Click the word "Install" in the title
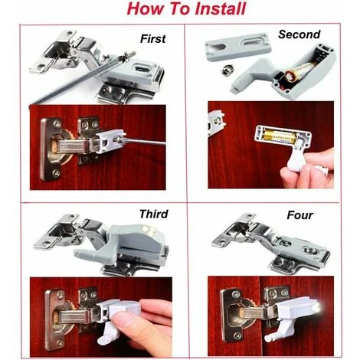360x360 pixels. [211, 11]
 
